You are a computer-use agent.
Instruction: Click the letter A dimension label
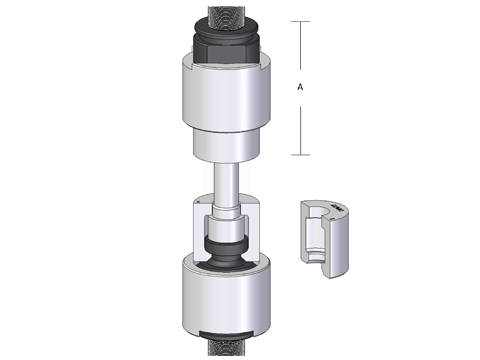tap(300, 87)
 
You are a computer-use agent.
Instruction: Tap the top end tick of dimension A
tap(300, 22)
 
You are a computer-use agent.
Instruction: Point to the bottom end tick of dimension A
tap(301, 155)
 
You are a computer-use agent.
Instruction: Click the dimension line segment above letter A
tap(300, 46)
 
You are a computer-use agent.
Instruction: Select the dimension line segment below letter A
tap(301, 131)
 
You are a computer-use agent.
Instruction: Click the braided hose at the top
tap(226, 16)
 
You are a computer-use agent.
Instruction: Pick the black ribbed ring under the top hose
tap(226, 28)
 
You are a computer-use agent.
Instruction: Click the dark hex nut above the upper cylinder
tap(226, 50)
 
